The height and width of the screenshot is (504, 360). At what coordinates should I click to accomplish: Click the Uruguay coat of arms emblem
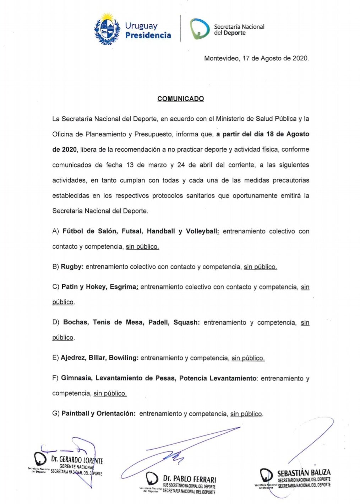(107, 29)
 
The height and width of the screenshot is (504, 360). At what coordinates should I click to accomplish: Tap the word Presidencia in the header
(148, 35)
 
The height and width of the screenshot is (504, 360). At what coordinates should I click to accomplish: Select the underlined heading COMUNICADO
(181, 99)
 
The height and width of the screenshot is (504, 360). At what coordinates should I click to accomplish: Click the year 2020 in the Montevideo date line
(300, 58)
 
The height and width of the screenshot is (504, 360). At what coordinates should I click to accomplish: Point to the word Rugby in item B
(72, 267)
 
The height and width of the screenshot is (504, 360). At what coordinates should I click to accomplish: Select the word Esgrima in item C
(124, 287)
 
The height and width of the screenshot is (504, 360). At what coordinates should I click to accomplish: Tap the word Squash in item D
(186, 323)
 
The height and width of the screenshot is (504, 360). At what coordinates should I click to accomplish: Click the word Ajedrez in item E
(73, 358)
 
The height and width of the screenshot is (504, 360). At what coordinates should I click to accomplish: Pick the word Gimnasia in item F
(76, 378)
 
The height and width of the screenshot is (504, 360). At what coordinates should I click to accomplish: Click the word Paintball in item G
(75, 414)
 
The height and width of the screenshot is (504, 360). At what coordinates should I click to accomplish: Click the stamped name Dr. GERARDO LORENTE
(77, 460)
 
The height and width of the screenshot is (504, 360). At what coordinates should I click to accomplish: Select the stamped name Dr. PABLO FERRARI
(189, 479)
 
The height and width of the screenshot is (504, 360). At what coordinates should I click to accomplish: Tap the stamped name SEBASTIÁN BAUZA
(304, 473)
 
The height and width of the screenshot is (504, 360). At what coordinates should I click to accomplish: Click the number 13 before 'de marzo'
(130, 165)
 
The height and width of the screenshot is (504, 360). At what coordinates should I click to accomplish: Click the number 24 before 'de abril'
(182, 165)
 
